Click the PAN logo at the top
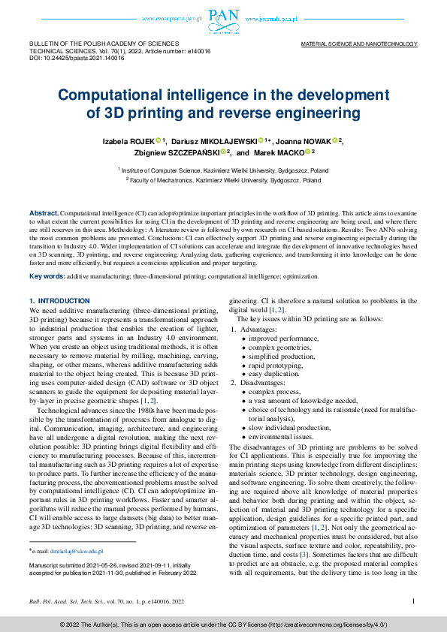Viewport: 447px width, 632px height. tap(223, 17)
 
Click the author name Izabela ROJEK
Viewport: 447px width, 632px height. tap(128, 141)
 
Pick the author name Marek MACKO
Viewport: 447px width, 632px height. tap(282, 153)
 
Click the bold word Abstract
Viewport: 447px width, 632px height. tap(44, 214)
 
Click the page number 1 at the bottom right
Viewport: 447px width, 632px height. tap(414, 600)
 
